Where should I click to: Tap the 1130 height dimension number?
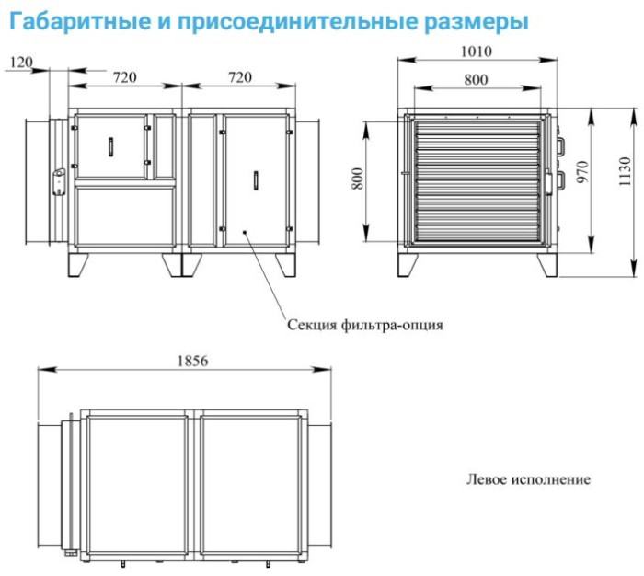click(626, 172)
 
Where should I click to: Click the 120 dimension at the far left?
click(20, 62)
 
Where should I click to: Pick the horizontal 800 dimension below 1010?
click(476, 80)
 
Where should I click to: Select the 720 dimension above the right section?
click(238, 77)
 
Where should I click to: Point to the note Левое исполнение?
click(528, 479)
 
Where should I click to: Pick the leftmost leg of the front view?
click(79, 263)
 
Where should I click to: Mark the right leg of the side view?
click(548, 263)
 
